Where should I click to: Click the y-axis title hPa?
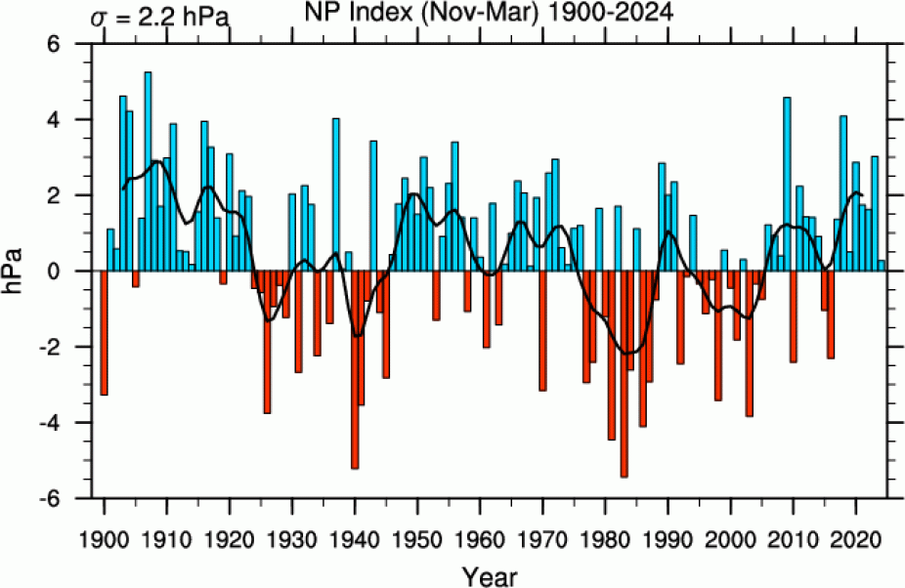pyautogui.click(x=21, y=271)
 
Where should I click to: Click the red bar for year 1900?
pyautogui.click(x=104, y=332)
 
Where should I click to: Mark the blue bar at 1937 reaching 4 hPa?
pyautogui.click(x=336, y=194)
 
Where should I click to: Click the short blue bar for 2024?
pyautogui.click(x=882, y=266)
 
